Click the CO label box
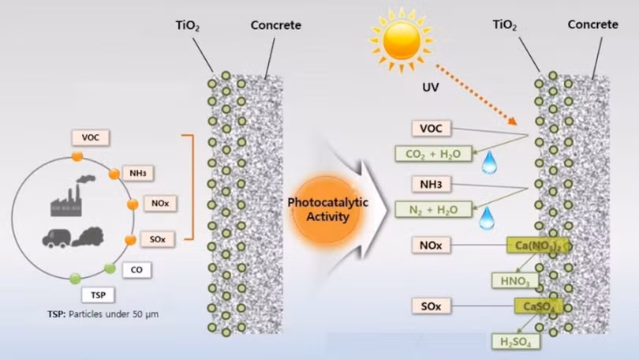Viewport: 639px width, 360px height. pyautogui.click(x=137, y=270)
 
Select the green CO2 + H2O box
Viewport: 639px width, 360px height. pyautogui.click(x=432, y=154)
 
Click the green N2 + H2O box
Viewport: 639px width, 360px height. pyautogui.click(x=432, y=209)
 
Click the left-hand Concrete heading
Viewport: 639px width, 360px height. pyautogui.click(x=275, y=25)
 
